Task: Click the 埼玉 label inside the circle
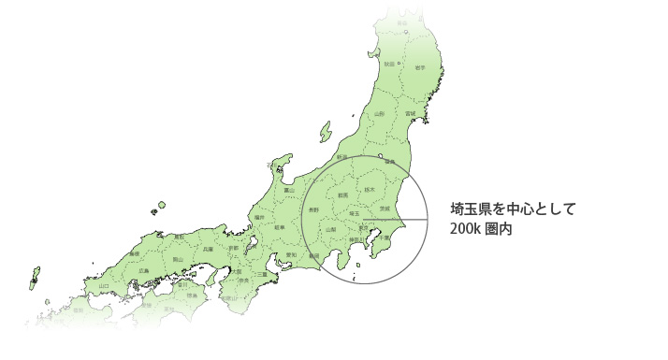click(x=355, y=214)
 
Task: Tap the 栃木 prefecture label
click(x=370, y=190)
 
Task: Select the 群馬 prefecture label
click(x=342, y=195)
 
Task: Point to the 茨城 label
click(x=385, y=208)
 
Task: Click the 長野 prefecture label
click(x=314, y=210)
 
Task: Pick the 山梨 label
click(x=331, y=229)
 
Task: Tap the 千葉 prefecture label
click(x=384, y=238)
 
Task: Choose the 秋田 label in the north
click(x=389, y=64)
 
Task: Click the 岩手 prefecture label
click(x=420, y=67)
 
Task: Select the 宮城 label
click(x=410, y=114)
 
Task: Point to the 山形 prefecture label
click(x=379, y=114)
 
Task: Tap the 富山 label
click(x=289, y=191)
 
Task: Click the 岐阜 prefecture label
click(x=279, y=226)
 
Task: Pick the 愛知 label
click(x=291, y=254)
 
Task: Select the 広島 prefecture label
click(x=143, y=270)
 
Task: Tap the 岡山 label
click(x=178, y=259)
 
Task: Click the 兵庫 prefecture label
click(x=208, y=250)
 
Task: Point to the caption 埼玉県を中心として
click(x=513, y=208)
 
